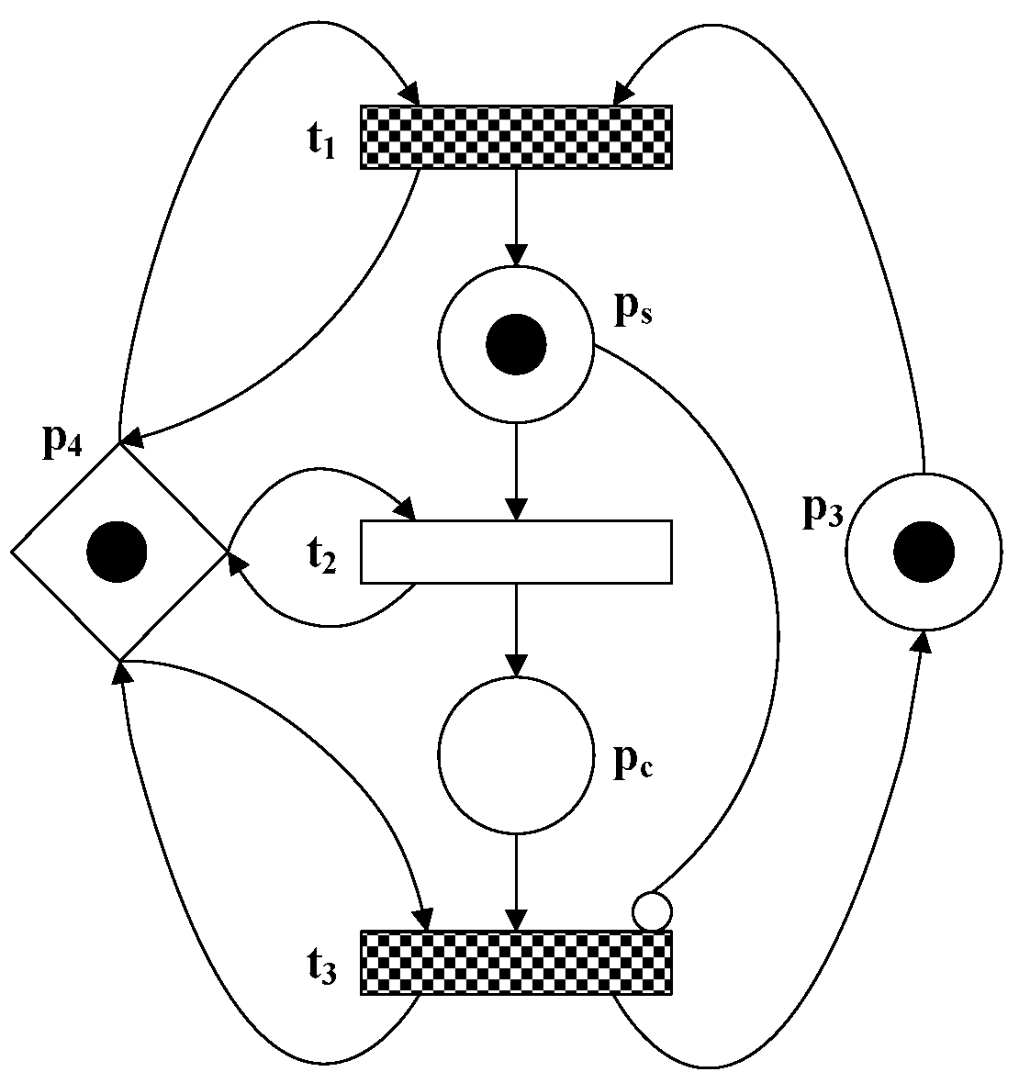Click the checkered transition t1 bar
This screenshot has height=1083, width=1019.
coord(516,137)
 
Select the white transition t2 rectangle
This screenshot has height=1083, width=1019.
coord(516,552)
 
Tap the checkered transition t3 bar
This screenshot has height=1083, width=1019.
coord(516,961)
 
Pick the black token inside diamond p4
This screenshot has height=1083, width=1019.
coord(117,552)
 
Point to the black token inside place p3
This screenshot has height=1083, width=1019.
coord(924,552)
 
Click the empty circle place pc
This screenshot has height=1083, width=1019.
coord(516,754)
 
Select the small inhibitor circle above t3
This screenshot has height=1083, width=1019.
coord(652,911)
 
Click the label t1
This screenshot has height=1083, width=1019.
coord(319,143)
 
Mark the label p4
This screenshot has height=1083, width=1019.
coord(62,442)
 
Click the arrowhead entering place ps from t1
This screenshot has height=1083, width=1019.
coord(516,256)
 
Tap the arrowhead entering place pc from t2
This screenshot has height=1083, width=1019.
coord(516,665)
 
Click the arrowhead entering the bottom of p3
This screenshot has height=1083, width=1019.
coord(922,641)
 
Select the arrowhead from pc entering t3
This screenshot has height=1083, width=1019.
coord(516,920)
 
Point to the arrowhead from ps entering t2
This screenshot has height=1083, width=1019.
coord(516,509)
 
